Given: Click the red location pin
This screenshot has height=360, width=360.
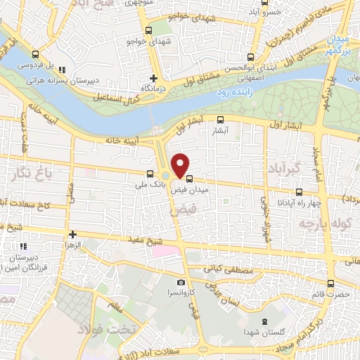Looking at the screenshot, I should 181,165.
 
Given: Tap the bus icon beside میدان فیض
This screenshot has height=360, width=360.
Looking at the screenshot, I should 190,179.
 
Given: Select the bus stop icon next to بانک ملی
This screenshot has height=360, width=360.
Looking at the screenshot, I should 149,174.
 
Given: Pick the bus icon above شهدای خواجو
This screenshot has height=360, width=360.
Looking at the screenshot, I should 148,30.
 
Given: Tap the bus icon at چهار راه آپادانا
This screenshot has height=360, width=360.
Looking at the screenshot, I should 300,192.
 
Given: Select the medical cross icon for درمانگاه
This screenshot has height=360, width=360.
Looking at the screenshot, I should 153,78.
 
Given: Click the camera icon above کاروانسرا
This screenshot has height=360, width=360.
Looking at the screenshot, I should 181,282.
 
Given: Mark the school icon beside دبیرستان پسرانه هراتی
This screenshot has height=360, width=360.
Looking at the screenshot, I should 63,70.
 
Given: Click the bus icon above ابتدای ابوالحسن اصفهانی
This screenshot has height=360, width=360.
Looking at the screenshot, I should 252,58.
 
